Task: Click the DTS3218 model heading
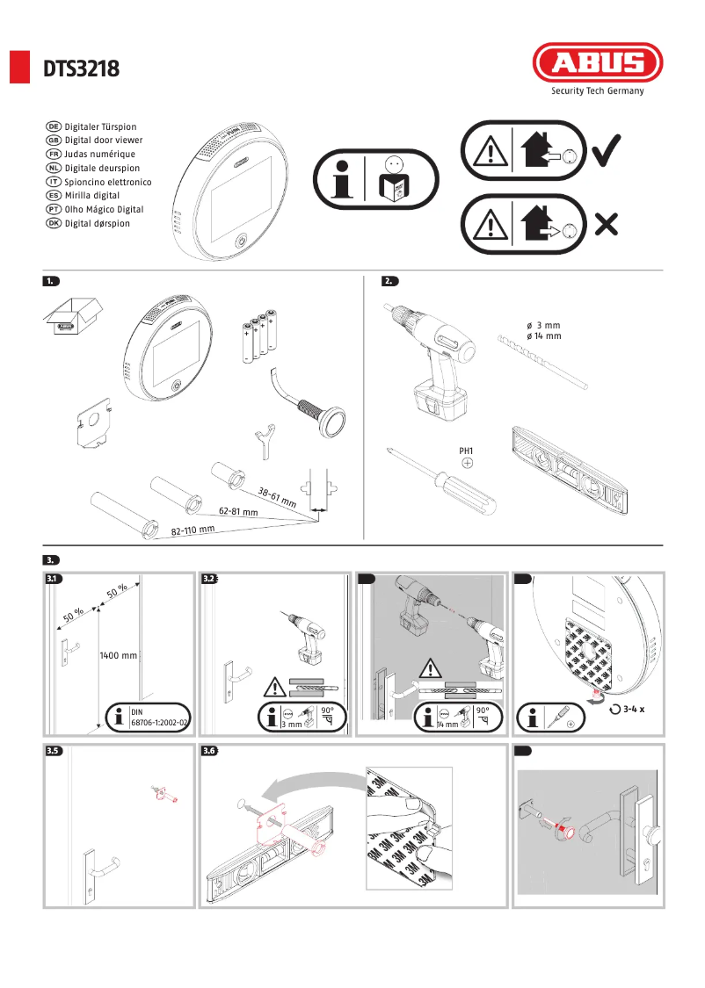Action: point(82,69)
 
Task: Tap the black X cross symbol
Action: point(606,226)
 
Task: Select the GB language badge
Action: point(53,141)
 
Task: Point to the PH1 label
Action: point(467,451)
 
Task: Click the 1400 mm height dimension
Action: point(118,655)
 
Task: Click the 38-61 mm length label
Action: point(276,497)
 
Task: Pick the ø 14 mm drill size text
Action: point(543,336)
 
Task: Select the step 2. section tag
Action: point(389,281)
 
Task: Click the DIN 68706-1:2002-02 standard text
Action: point(159,717)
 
